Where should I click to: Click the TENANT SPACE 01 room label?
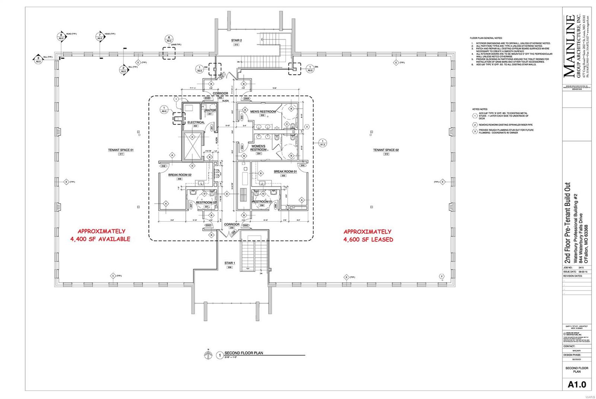tap(121, 150)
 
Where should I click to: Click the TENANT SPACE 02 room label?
tap(386, 150)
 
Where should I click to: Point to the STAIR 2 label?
tap(236, 40)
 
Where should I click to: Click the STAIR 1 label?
tap(229, 263)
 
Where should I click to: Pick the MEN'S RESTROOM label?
tap(263, 112)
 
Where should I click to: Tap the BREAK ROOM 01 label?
tap(285, 172)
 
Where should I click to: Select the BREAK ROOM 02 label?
tap(180, 175)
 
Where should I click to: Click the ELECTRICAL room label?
tap(196, 122)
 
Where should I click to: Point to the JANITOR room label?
tap(210, 110)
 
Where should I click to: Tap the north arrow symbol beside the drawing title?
tap(208, 355)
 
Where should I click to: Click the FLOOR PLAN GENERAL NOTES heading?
tap(486, 38)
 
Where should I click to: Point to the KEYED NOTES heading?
tap(479, 109)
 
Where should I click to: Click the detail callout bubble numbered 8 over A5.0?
tap(61, 36)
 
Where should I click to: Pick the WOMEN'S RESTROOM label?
tap(258, 148)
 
